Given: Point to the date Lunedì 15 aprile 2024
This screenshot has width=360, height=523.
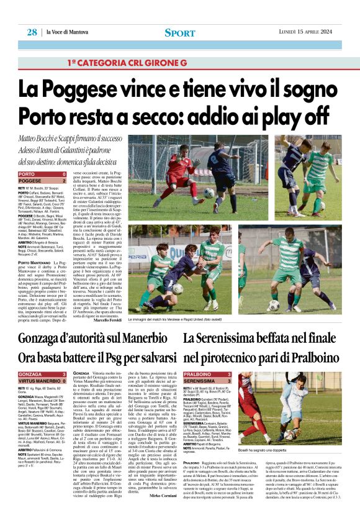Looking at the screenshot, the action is (305, 32).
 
